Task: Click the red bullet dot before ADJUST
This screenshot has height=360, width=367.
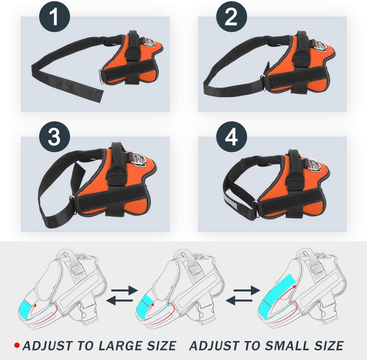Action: [17, 346]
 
